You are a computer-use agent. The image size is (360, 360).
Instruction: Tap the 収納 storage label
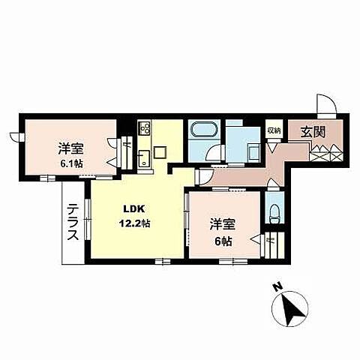(274, 130)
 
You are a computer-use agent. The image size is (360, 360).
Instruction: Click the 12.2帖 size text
(135, 223)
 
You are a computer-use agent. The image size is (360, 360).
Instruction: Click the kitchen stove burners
(144, 128)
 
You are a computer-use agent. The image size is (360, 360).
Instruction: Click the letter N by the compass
(277, 287)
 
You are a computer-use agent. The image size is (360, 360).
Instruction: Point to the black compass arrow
(289, 307)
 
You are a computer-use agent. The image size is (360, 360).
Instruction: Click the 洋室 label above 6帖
(220, 225)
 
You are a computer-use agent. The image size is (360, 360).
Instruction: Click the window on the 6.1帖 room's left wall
(15, 138)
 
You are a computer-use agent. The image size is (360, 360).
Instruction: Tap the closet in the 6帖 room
(271, 244)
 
